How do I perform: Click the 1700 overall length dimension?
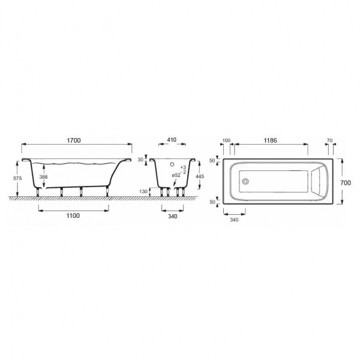tap(74, 140)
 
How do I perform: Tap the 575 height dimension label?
tap(17, 178)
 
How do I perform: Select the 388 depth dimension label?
tap(43, 177)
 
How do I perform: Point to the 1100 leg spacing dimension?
tap(73, 215)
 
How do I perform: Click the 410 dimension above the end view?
tap(172, 140)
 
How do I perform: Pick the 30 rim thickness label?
tap(140, 160)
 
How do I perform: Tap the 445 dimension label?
tap(200, 176)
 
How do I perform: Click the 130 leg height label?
tap(143, 191)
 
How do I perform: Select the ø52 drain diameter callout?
tap(176, 175)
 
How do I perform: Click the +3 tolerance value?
tap(183, 167)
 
